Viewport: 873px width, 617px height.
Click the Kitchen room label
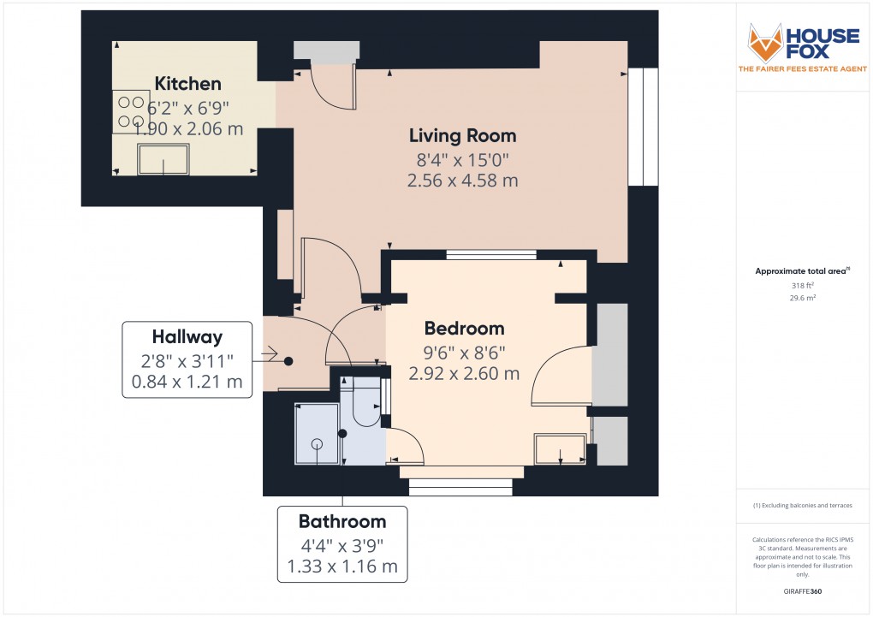(187, 84)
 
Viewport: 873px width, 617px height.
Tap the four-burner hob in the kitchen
(130, 111)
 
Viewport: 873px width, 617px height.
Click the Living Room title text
(462, 135)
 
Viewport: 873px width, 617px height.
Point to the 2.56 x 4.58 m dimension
(462, 181)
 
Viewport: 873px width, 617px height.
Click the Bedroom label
(465, 329)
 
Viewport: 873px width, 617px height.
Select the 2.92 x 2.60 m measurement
(465, 373)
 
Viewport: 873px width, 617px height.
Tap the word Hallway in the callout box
(187, 336)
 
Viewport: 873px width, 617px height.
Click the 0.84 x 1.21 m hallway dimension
(187, 381)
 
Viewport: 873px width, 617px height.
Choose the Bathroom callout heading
(342, 521)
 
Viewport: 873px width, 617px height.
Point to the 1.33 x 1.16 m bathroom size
(342, 566)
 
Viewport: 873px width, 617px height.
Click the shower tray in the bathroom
(317, 434)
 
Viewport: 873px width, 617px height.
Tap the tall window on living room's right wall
(643, 126)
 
